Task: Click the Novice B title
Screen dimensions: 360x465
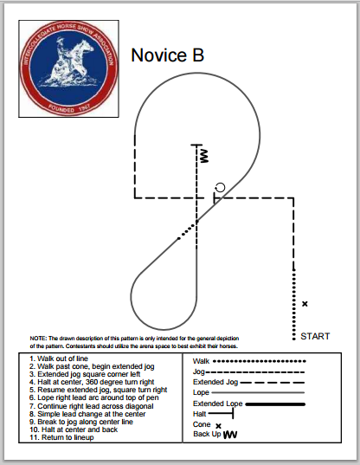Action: coord(168,56)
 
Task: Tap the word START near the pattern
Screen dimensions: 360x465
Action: coord(315,336)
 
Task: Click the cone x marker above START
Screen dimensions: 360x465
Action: coord(305,303)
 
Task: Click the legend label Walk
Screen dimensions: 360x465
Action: coord(201,360)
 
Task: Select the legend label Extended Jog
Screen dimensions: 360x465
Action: coord(214,382)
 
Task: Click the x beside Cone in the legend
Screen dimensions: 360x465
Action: coord(218,425)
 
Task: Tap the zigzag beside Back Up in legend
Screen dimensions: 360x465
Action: coord(230,435)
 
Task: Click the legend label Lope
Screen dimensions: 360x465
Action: coord(201,392)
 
